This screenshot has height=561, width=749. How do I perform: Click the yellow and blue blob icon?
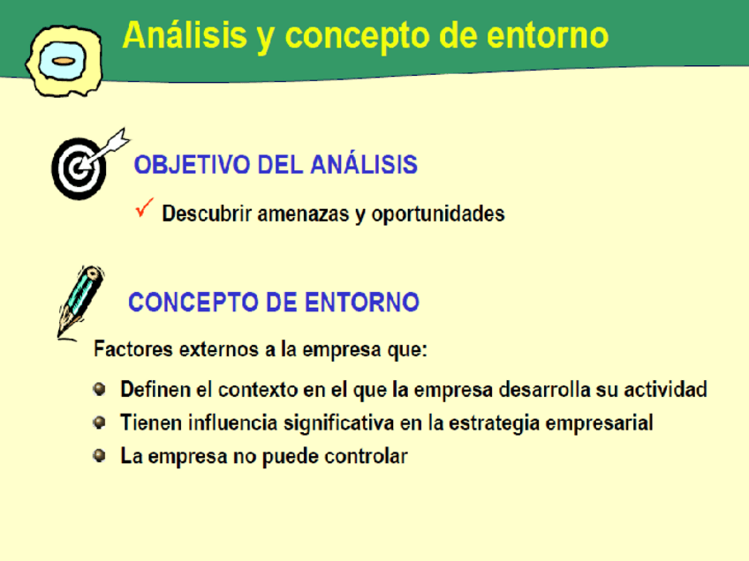(64, 61)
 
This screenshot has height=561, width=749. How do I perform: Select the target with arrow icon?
(89, 163)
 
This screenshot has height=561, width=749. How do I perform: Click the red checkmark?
(144, 207)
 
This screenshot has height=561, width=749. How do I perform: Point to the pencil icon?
(79, 303)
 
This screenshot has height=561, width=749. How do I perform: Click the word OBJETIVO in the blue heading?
(192, 165)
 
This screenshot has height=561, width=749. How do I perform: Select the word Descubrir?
(207, 213)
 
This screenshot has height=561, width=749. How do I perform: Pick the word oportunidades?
(438, 214)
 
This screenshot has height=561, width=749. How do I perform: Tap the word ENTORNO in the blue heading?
(361, 303)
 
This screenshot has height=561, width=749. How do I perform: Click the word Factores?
(133, 349)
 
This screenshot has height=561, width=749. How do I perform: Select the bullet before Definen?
(99, 389)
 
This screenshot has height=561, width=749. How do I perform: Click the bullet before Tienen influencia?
(99, 423)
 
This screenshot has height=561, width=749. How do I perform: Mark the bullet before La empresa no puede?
(99, 456)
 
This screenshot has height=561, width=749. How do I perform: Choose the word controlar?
(366, 457)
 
